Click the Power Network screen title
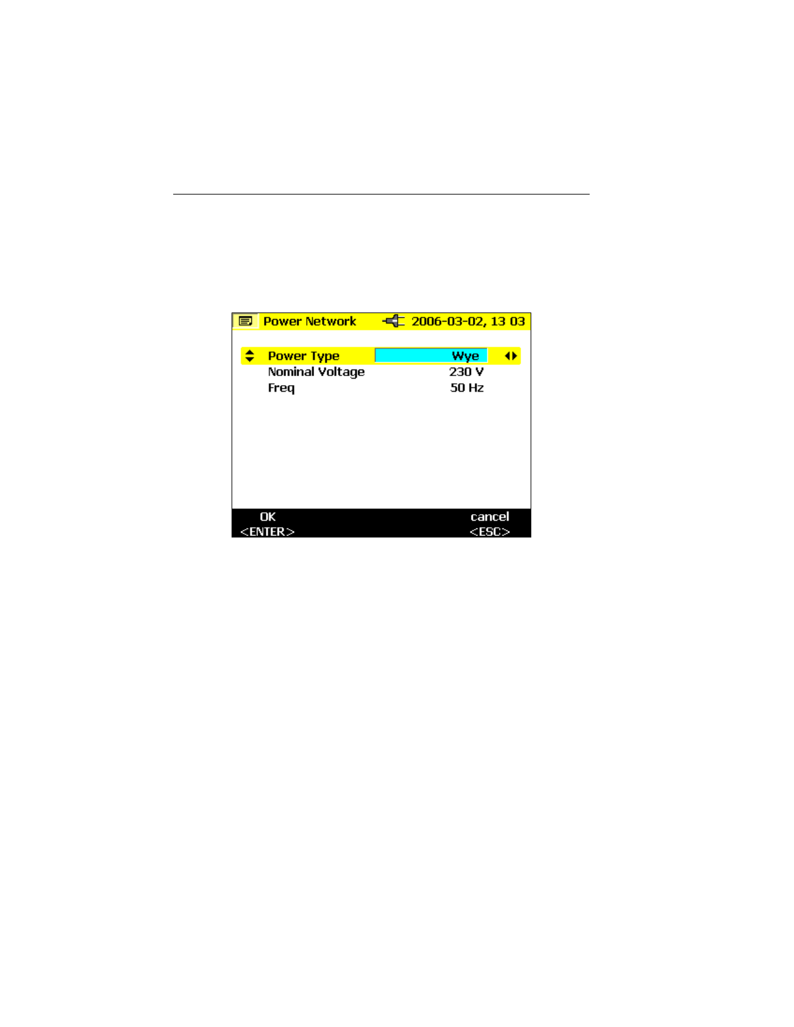tap(309, 322)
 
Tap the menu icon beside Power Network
tap(245, 322)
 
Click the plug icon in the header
tap(394, 321)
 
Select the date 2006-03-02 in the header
tap(448, 322)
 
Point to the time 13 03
tap(508, 322)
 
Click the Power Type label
tap(304, 356)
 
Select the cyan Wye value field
tap(431, 356)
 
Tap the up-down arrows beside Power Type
tap(250, 356)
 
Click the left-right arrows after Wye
tap(511, 356)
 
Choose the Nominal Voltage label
tap(316, 372)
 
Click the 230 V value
tap(466, 372)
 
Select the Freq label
tap(281, 388)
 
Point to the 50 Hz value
tap(467, 388)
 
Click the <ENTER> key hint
tap(267, 532)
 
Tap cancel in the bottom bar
tap(490, 517)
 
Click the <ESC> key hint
tap(490, 532)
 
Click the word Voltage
tap(341, 372)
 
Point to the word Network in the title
tap(331, 322)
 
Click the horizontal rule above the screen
tap(381, 194)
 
